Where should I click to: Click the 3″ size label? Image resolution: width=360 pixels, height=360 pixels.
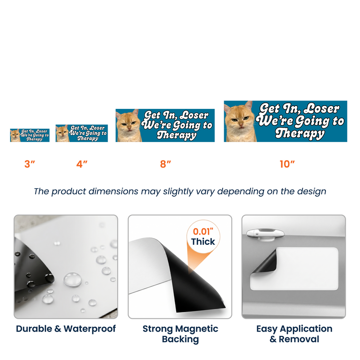click(x=30, y=164)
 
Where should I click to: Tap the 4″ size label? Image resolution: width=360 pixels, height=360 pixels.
click(x=82, y=164)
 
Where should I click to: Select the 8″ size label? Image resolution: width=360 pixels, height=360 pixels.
click(x=166, y=164)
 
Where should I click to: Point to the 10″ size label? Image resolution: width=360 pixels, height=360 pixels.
click(x=287, y=164)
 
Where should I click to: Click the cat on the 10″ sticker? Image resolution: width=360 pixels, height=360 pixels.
click(x=240, y=122)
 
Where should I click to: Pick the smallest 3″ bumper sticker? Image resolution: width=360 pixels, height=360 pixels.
click(x=30, y=135)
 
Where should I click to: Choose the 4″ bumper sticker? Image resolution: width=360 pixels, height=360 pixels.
click(x=82, y=133)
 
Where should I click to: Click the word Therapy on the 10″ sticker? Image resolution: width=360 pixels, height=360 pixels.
click(x=300, y=133)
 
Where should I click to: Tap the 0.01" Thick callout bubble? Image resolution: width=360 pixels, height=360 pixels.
click(x=203, y=237)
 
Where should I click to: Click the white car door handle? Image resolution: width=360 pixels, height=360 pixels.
click(x=265, y=234)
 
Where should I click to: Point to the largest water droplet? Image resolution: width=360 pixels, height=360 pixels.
click(x=72, y=279)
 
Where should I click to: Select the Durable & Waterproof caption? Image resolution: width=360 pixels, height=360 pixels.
click(x=66, y=328)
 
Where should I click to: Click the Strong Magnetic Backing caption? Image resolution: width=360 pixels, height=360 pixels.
click(x=180, y=334)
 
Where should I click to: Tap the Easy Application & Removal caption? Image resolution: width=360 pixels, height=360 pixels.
click(x=294, y=334)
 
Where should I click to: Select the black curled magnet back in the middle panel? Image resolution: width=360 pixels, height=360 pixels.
click(x=193, y=280)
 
